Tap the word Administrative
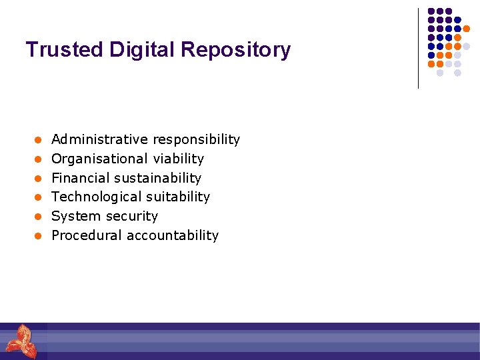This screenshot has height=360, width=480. click(99, 139)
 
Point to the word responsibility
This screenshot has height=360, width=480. click(196, 139)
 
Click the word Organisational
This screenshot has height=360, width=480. click(99, 159)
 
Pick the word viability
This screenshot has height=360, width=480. click(178, 159)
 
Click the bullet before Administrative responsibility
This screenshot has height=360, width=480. click(39, 140)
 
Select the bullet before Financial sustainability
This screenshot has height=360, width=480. click(39, 179)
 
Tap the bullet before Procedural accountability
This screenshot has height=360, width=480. click(39, 236)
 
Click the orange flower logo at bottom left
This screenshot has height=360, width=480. click(21, 341)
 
